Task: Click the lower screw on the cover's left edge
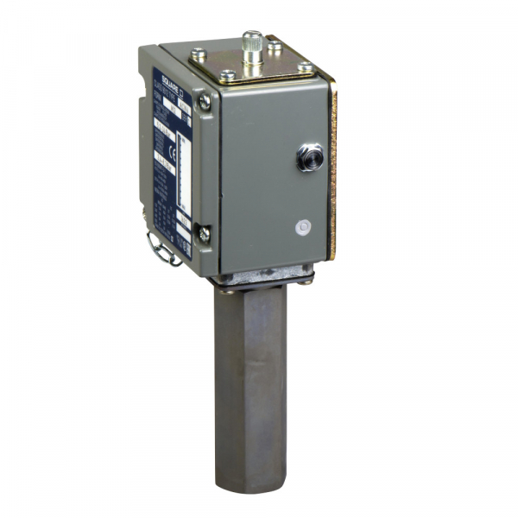point(202,232)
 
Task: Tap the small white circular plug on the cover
point(300,228)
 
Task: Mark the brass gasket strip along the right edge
point(333,173)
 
